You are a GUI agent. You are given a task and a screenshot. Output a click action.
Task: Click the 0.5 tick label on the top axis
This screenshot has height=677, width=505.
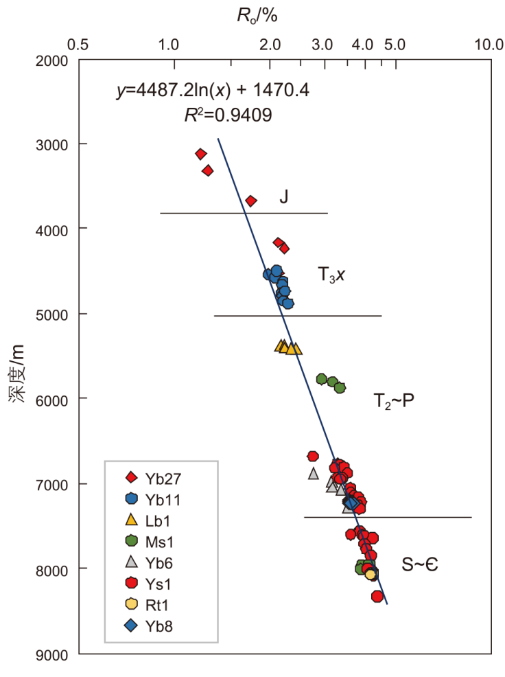[x=79, y=45]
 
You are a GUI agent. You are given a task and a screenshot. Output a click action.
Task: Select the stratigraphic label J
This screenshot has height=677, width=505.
[x=283, y=198]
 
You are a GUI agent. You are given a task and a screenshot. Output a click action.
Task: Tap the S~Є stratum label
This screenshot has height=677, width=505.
[x=420, y=564]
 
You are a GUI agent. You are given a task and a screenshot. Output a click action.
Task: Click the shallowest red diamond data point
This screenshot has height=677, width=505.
[x=201, y=154]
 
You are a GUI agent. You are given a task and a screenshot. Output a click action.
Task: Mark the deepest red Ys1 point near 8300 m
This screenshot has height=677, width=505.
[x=377, y=596]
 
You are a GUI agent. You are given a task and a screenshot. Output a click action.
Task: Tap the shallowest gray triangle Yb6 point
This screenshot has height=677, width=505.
[x=314, y=472]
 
